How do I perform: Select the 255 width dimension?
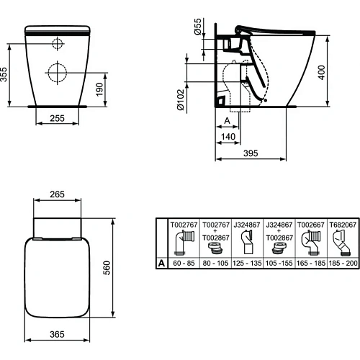pyautogui.click(x=59, y=119)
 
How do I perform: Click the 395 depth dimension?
pyautogui.click(x=250, y=153)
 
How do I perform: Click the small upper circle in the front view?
pyautogui.click(x=58, y=42)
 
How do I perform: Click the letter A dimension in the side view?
pyautogui.click(x=227, y=120)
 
